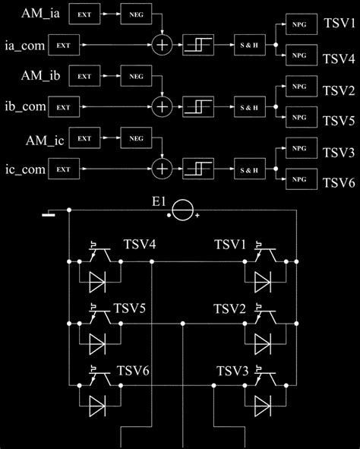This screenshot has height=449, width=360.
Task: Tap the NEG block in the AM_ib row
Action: tap(137, 76)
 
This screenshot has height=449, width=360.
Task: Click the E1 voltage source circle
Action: tap(182, 210)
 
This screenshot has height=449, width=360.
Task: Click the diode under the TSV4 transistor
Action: tap(96, 283)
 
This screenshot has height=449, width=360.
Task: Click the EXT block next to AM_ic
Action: tap(85, 138)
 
